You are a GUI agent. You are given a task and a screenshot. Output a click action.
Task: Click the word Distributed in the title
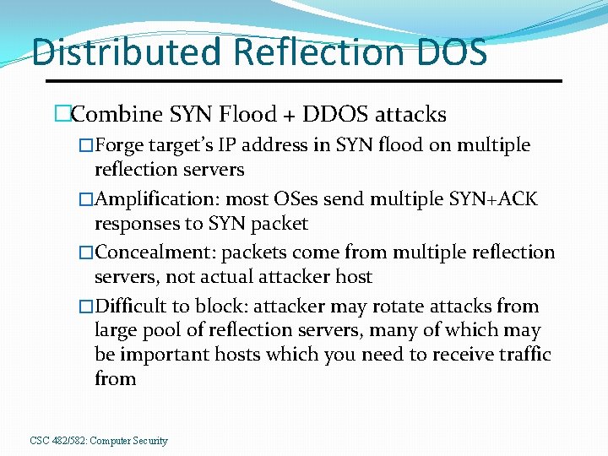pos(128,52)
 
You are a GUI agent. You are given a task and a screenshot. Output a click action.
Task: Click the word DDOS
pos(337,114)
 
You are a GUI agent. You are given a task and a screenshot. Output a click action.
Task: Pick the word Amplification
pos(152,199)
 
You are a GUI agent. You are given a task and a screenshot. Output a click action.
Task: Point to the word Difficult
pos(130,307)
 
